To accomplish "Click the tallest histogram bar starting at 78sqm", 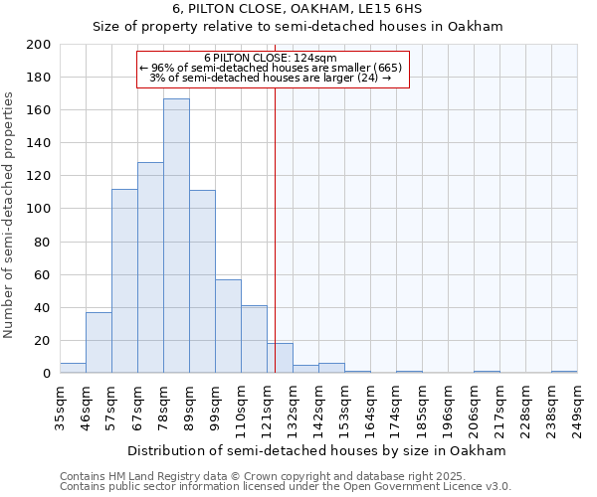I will pos(176,236).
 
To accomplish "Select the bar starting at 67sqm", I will pos(150,267).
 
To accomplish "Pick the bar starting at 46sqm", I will pos(99,342).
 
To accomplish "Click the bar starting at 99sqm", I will pos(228,326).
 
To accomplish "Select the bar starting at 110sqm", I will pos(254,339).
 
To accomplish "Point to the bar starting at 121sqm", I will pos(280,358).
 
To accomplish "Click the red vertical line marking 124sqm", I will pos(275,229).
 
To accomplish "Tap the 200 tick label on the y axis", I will pos(39,45).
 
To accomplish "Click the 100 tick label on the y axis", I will pos(39,209).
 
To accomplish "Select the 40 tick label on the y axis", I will pos(43,307).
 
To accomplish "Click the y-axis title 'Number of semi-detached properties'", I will pos(10,215).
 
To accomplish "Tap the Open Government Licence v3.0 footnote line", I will pos(286,487).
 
